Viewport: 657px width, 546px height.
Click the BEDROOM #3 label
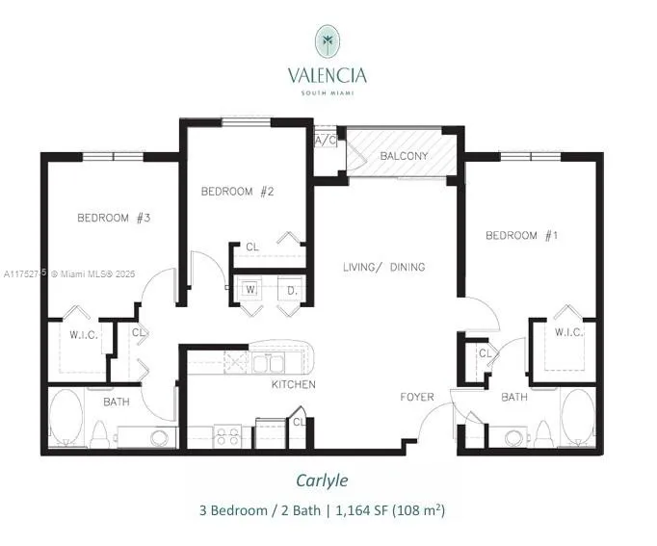[x=114, y=219]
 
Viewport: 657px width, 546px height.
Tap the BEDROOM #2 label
[x=238, y=192]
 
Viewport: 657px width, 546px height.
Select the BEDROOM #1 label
[x=523, y=236]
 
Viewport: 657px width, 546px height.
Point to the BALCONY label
[x=404, y=156]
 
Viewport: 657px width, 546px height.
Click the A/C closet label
[x=325, y=140]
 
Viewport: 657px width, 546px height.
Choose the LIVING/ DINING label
[x=384, y=267]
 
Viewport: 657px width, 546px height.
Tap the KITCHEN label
[x=294, y=384]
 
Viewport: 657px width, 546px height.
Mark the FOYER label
[x=418, y=397]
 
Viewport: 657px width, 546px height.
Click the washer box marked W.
[x=250, y=288]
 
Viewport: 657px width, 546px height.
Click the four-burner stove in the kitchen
[x=229, y=436]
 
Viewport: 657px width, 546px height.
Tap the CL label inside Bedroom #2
[x=252, y=247]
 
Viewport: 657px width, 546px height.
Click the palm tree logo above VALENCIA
[x=327, y=41]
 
